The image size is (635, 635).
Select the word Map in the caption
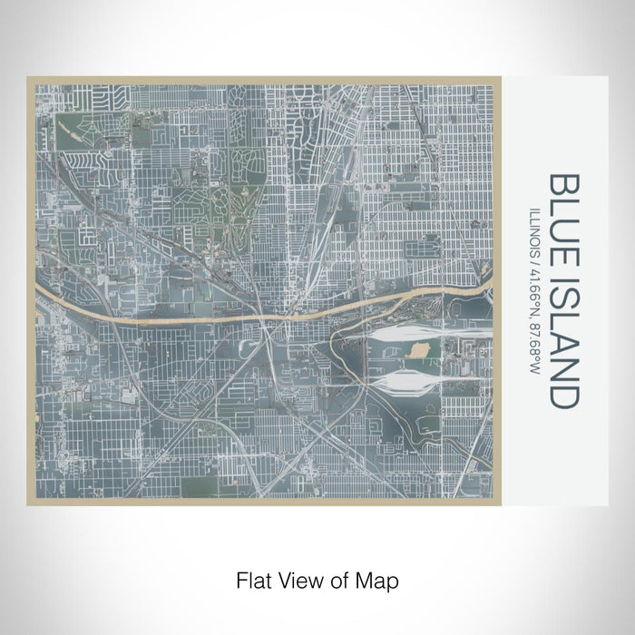click(x=380, y=579)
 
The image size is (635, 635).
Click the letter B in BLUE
click(x=562, y=184)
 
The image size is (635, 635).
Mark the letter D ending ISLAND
click(x=562, y=397)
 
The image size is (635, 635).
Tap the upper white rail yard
click(x=399, y=335)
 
